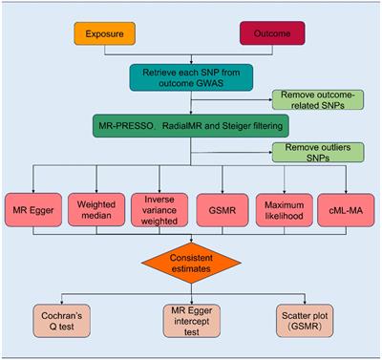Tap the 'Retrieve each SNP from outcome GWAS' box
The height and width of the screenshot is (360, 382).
pos(193,79)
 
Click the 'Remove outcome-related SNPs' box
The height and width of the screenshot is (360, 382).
pos(315,99)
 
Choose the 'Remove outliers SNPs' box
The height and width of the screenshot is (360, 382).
pos(315,151)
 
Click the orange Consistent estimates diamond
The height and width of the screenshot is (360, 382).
pos(191,260)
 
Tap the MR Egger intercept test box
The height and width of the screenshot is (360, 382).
pos(191,321)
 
